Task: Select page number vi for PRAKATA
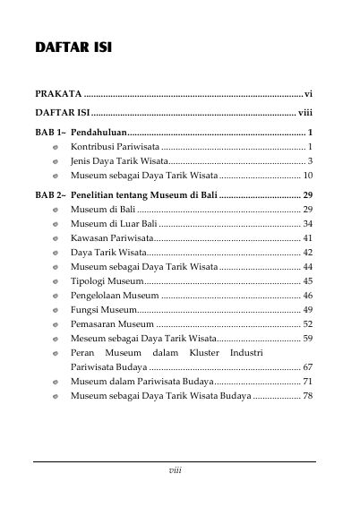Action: pos(308,92)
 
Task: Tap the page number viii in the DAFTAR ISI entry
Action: pos(304,113)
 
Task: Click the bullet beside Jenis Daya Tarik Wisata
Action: pos(56,160)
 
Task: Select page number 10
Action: pos(307,175)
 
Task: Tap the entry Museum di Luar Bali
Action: pos(113,222)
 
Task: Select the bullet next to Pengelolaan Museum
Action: pos(56,295)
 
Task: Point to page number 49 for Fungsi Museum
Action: pos(307,309)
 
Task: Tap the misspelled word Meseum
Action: pos(88,338)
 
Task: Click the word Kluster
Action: pos(208,352)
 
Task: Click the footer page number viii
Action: pos(176,469)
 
